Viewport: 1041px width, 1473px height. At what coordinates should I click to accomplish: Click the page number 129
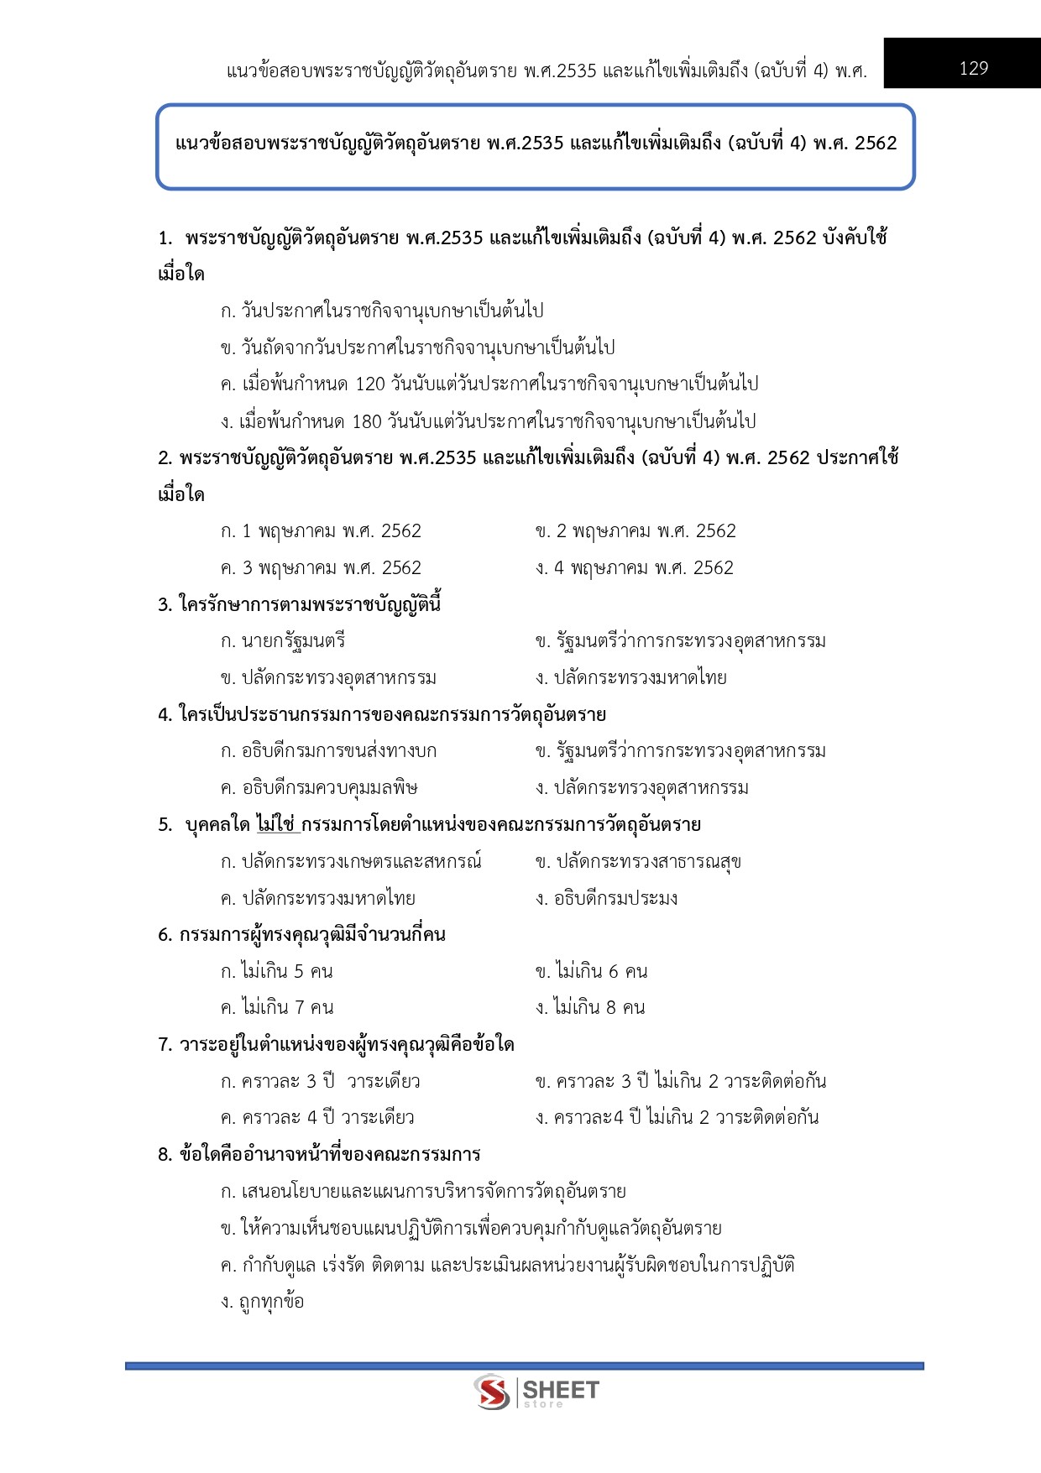point(973,68)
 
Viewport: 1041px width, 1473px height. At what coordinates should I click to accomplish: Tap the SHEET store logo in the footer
point(536,1392)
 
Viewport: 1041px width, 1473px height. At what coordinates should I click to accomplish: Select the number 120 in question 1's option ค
point(370,384)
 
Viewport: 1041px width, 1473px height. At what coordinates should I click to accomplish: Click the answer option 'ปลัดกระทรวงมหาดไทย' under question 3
point(640,678)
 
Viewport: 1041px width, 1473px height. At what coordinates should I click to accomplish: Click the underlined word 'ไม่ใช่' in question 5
point(276,825)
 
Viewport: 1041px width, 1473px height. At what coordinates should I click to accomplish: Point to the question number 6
point(165,935)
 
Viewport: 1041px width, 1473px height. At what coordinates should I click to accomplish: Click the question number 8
point(165,1155)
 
